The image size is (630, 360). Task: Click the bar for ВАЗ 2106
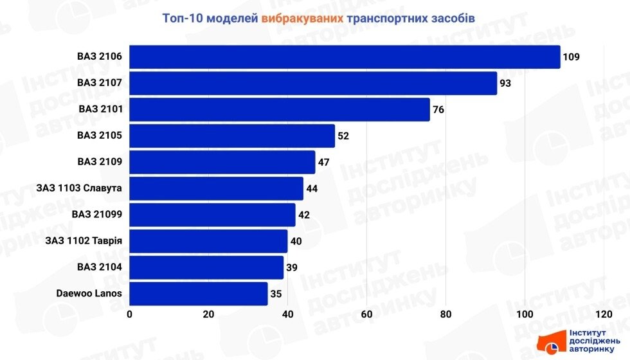click(345, 57)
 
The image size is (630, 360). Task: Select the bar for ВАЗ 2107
click(313, 83)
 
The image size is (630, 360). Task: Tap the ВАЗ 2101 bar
click(280, 109)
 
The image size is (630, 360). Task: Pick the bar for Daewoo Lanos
click(199, 294)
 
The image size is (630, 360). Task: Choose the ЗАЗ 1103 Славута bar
click(217, 188)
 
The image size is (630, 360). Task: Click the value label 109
click(571, 57)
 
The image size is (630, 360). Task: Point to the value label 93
click(505, 83)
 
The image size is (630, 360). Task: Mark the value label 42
click(304, 215)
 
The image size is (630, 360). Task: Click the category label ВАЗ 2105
click(100, 136)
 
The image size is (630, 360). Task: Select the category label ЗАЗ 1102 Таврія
click(84, 241)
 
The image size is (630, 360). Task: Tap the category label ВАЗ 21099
click(97, 215)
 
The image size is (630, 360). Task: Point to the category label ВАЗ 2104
click(100, 267)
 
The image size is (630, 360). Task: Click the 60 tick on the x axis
click(367, 314)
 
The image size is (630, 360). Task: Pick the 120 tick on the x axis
click(604, 314)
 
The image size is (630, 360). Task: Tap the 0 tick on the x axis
click(130, 314)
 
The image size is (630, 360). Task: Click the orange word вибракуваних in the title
click(301, 18)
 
